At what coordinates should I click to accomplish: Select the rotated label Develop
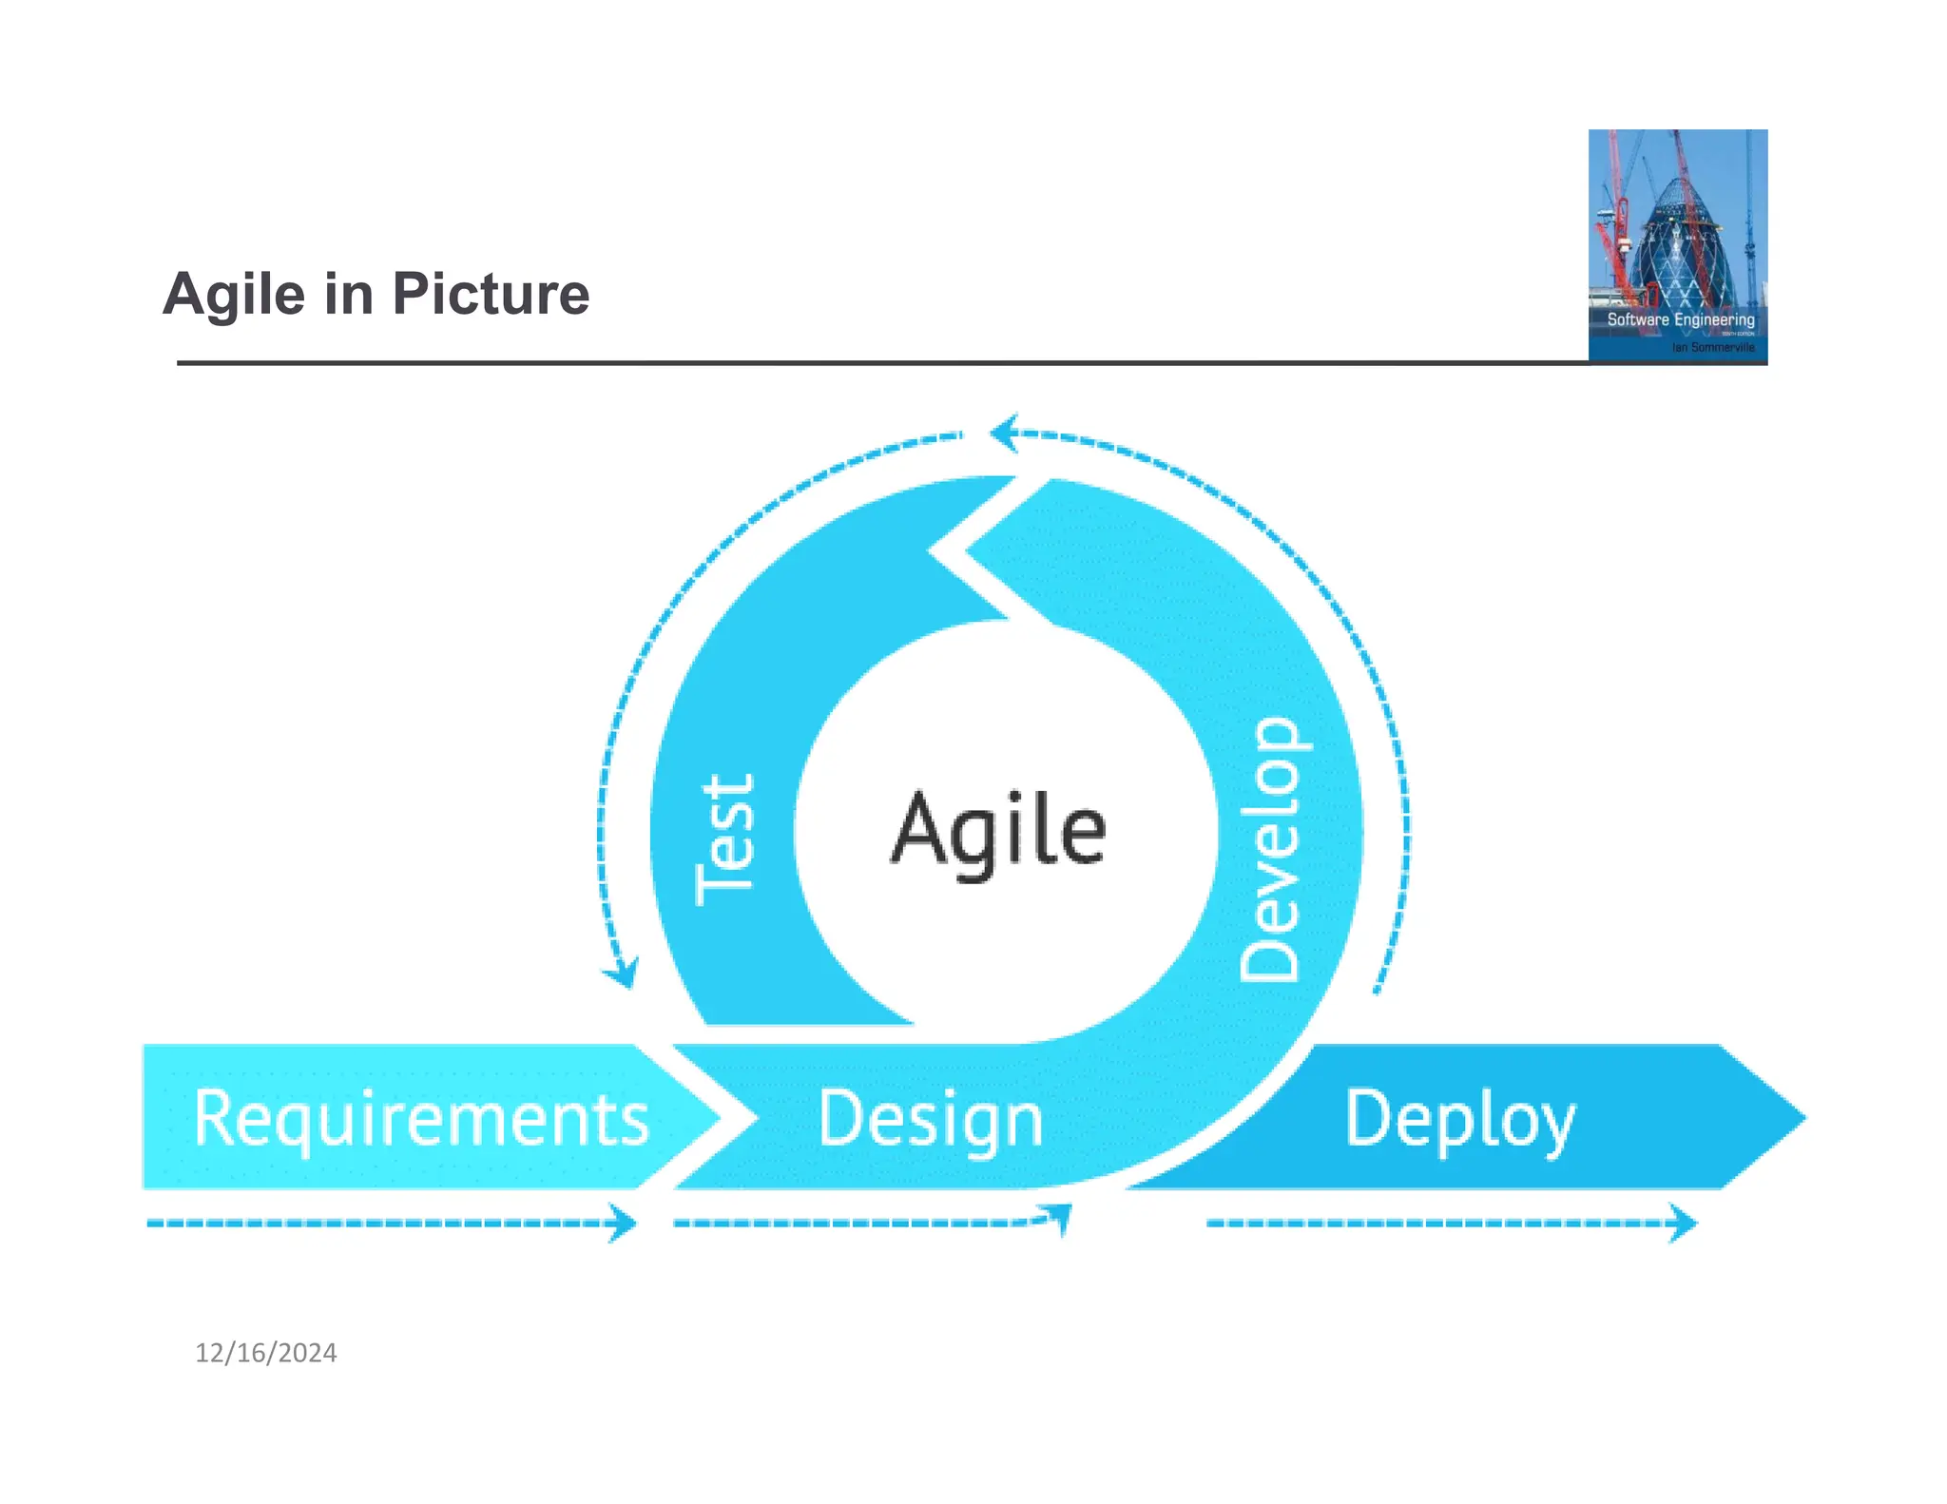coord(1270,849)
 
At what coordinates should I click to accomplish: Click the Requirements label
coord(421,1118)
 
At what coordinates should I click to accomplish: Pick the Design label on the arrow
coord(931,1120)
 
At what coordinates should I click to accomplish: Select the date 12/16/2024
coord(266,1353)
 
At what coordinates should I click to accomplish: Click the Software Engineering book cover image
coord(1677,246)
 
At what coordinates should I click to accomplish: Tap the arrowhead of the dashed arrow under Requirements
coord(624,1223)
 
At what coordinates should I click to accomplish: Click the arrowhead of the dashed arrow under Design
coord(1060,1215)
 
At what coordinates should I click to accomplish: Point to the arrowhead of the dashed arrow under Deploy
coord(1684,1223)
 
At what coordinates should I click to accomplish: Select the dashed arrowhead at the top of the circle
coord(1004,434)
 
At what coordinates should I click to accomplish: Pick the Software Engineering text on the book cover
coord(1680,319)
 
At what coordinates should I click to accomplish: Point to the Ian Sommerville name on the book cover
coord(1713,348)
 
